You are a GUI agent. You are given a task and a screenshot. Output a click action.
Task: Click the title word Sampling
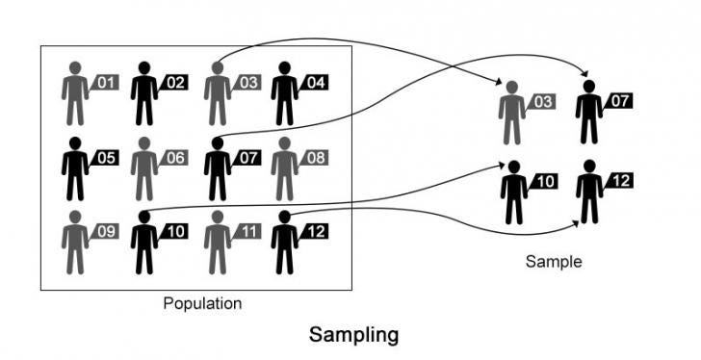353,335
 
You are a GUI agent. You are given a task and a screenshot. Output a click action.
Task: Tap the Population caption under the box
202,303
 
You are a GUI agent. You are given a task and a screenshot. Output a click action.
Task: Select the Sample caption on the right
554,261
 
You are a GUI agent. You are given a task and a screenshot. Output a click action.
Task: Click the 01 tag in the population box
106,83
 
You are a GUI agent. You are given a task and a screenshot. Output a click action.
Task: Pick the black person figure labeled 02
144,94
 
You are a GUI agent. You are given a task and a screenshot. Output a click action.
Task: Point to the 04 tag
316,83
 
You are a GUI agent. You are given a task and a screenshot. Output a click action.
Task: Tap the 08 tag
316,157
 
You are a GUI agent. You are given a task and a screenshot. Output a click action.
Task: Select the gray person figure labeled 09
74,243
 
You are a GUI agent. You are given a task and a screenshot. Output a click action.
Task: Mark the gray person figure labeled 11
217,243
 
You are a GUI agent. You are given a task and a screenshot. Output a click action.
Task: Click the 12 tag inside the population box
316,231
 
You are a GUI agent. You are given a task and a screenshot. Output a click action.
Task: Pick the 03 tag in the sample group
543,101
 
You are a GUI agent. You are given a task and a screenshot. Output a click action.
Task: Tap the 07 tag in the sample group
619,100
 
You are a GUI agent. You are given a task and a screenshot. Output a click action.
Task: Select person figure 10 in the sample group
513,193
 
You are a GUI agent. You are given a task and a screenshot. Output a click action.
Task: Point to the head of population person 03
217,68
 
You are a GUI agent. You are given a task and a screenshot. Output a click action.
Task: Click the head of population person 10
144,218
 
